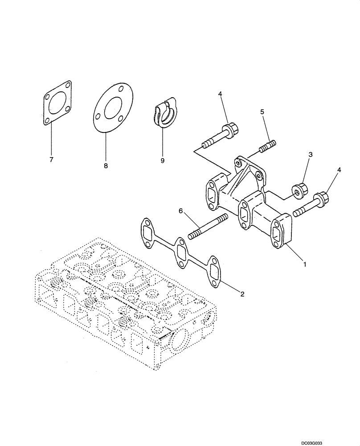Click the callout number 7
(51, 159)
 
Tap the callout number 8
(106, 165)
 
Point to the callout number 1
(305, 264)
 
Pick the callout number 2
(242, 293)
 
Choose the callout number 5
(262, 111)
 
